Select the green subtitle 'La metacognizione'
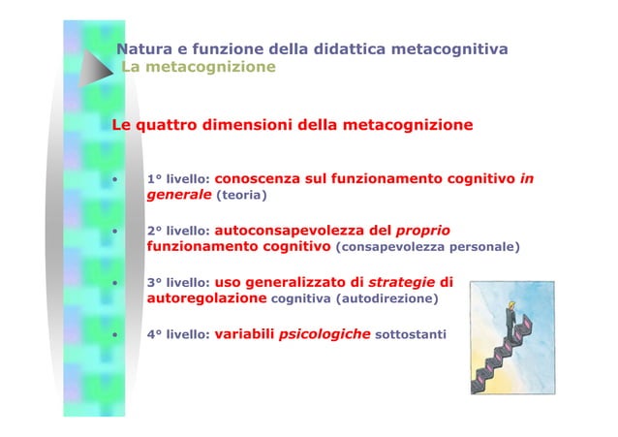(x=199, y=67)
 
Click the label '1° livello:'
(x=175, y=179)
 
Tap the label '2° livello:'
(x=175, y=233)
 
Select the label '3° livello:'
(x=175, y=284)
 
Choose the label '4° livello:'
(x=175, y=335)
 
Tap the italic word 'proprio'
(x=422, y=232)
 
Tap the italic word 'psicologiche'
(x=324, y=334)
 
